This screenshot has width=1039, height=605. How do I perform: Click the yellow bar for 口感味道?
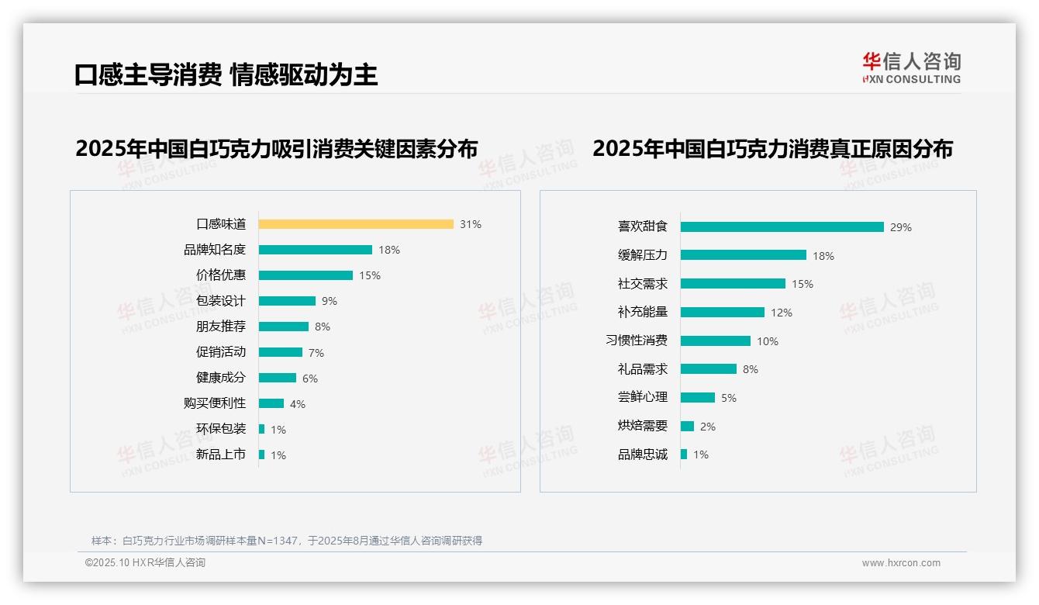tap(356, 224)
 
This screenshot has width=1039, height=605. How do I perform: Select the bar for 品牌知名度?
tap(316, 250)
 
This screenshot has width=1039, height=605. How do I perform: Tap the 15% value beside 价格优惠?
tap(370, 275)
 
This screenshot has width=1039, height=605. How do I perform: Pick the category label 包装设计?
tap(221, 301)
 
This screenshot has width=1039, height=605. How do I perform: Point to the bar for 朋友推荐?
tap(284, 327)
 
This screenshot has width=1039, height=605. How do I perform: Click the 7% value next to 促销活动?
tap(316, 353)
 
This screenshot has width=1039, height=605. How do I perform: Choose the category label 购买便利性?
tap(215, 403)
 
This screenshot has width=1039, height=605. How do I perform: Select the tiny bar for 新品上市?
tap(262, 455)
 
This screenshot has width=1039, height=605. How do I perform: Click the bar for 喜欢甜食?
tap(782, 227)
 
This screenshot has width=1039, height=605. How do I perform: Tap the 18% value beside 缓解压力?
tap(823, 256)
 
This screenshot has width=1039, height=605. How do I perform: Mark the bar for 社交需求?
tap(734, 284)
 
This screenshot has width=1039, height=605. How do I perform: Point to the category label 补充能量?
tap(643, 312)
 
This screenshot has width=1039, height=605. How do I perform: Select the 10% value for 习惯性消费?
tap(768, 341)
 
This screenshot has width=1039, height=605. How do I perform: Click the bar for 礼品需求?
tap(709, 369)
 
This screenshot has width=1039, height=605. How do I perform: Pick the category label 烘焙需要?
tap(643, 426)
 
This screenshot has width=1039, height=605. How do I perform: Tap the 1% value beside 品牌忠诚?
tap(701, 455)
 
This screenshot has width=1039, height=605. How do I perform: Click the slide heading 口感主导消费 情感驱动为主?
tap(226, 74)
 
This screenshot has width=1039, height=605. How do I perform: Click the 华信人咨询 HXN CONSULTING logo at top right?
tap(911, 68)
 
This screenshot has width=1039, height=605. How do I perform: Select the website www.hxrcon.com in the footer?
tap(901, 563)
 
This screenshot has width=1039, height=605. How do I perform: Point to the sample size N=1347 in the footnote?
tap(273, 541)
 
